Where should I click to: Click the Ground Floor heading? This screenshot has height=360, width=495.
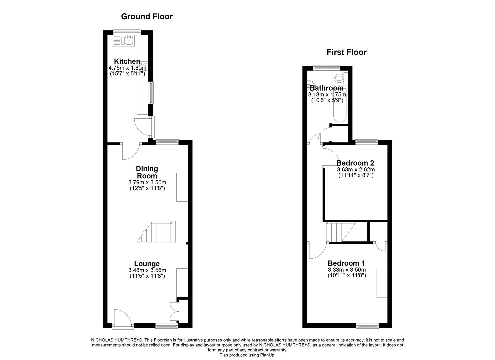point(147,16)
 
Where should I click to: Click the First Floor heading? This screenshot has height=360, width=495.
point(346,52)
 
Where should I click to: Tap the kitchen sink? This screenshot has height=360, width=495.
point(124,41)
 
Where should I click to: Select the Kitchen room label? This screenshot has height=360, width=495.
point(127,61)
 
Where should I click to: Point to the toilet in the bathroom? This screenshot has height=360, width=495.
point(339,78)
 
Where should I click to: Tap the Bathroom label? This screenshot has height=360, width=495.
point(326,88)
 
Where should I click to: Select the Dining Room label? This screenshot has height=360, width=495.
point(147,172)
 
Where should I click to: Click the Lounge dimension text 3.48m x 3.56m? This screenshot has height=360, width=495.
point(147,270)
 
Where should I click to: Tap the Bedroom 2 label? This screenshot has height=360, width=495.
point(355,163)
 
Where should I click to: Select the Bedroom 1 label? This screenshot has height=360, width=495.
point(347,263)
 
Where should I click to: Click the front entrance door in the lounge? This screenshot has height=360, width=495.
point(122,318)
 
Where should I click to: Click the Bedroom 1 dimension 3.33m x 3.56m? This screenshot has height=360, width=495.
point(347,270)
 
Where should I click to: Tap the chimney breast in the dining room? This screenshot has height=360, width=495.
point(182,187)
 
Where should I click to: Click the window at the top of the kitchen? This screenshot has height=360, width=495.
point(127,32)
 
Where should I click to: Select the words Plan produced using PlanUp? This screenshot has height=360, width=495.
point(247,355)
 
